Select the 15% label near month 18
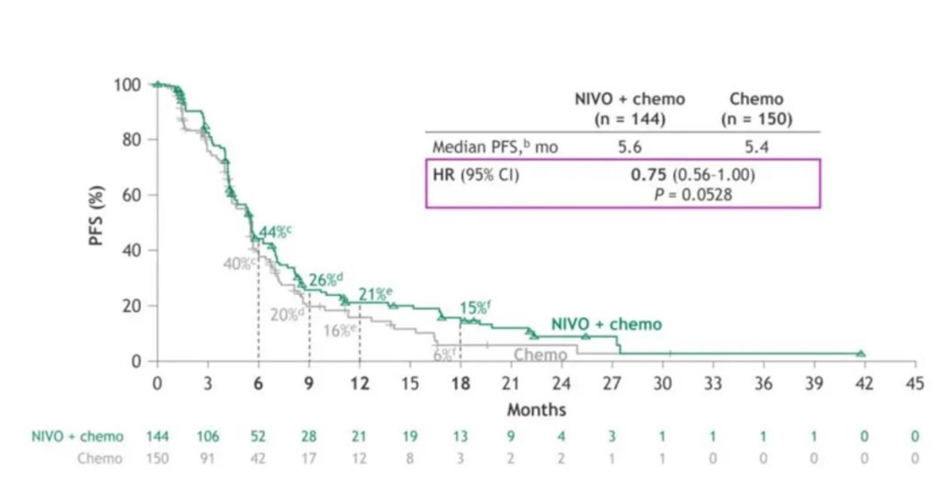(x=475, y=307)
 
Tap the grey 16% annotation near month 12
(x=339, y=330)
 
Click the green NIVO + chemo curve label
(x=606, y=324)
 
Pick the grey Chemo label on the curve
(x=540, y=355)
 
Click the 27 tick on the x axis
(x=612, y=383)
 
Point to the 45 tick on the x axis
(x=914, y=383)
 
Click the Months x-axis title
(x=536, y=409)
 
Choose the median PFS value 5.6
(x=629, y=148)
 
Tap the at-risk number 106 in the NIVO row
(x=207, y=436)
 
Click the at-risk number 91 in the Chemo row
(x=207, y=458)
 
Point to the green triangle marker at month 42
(x=860, y=353)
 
